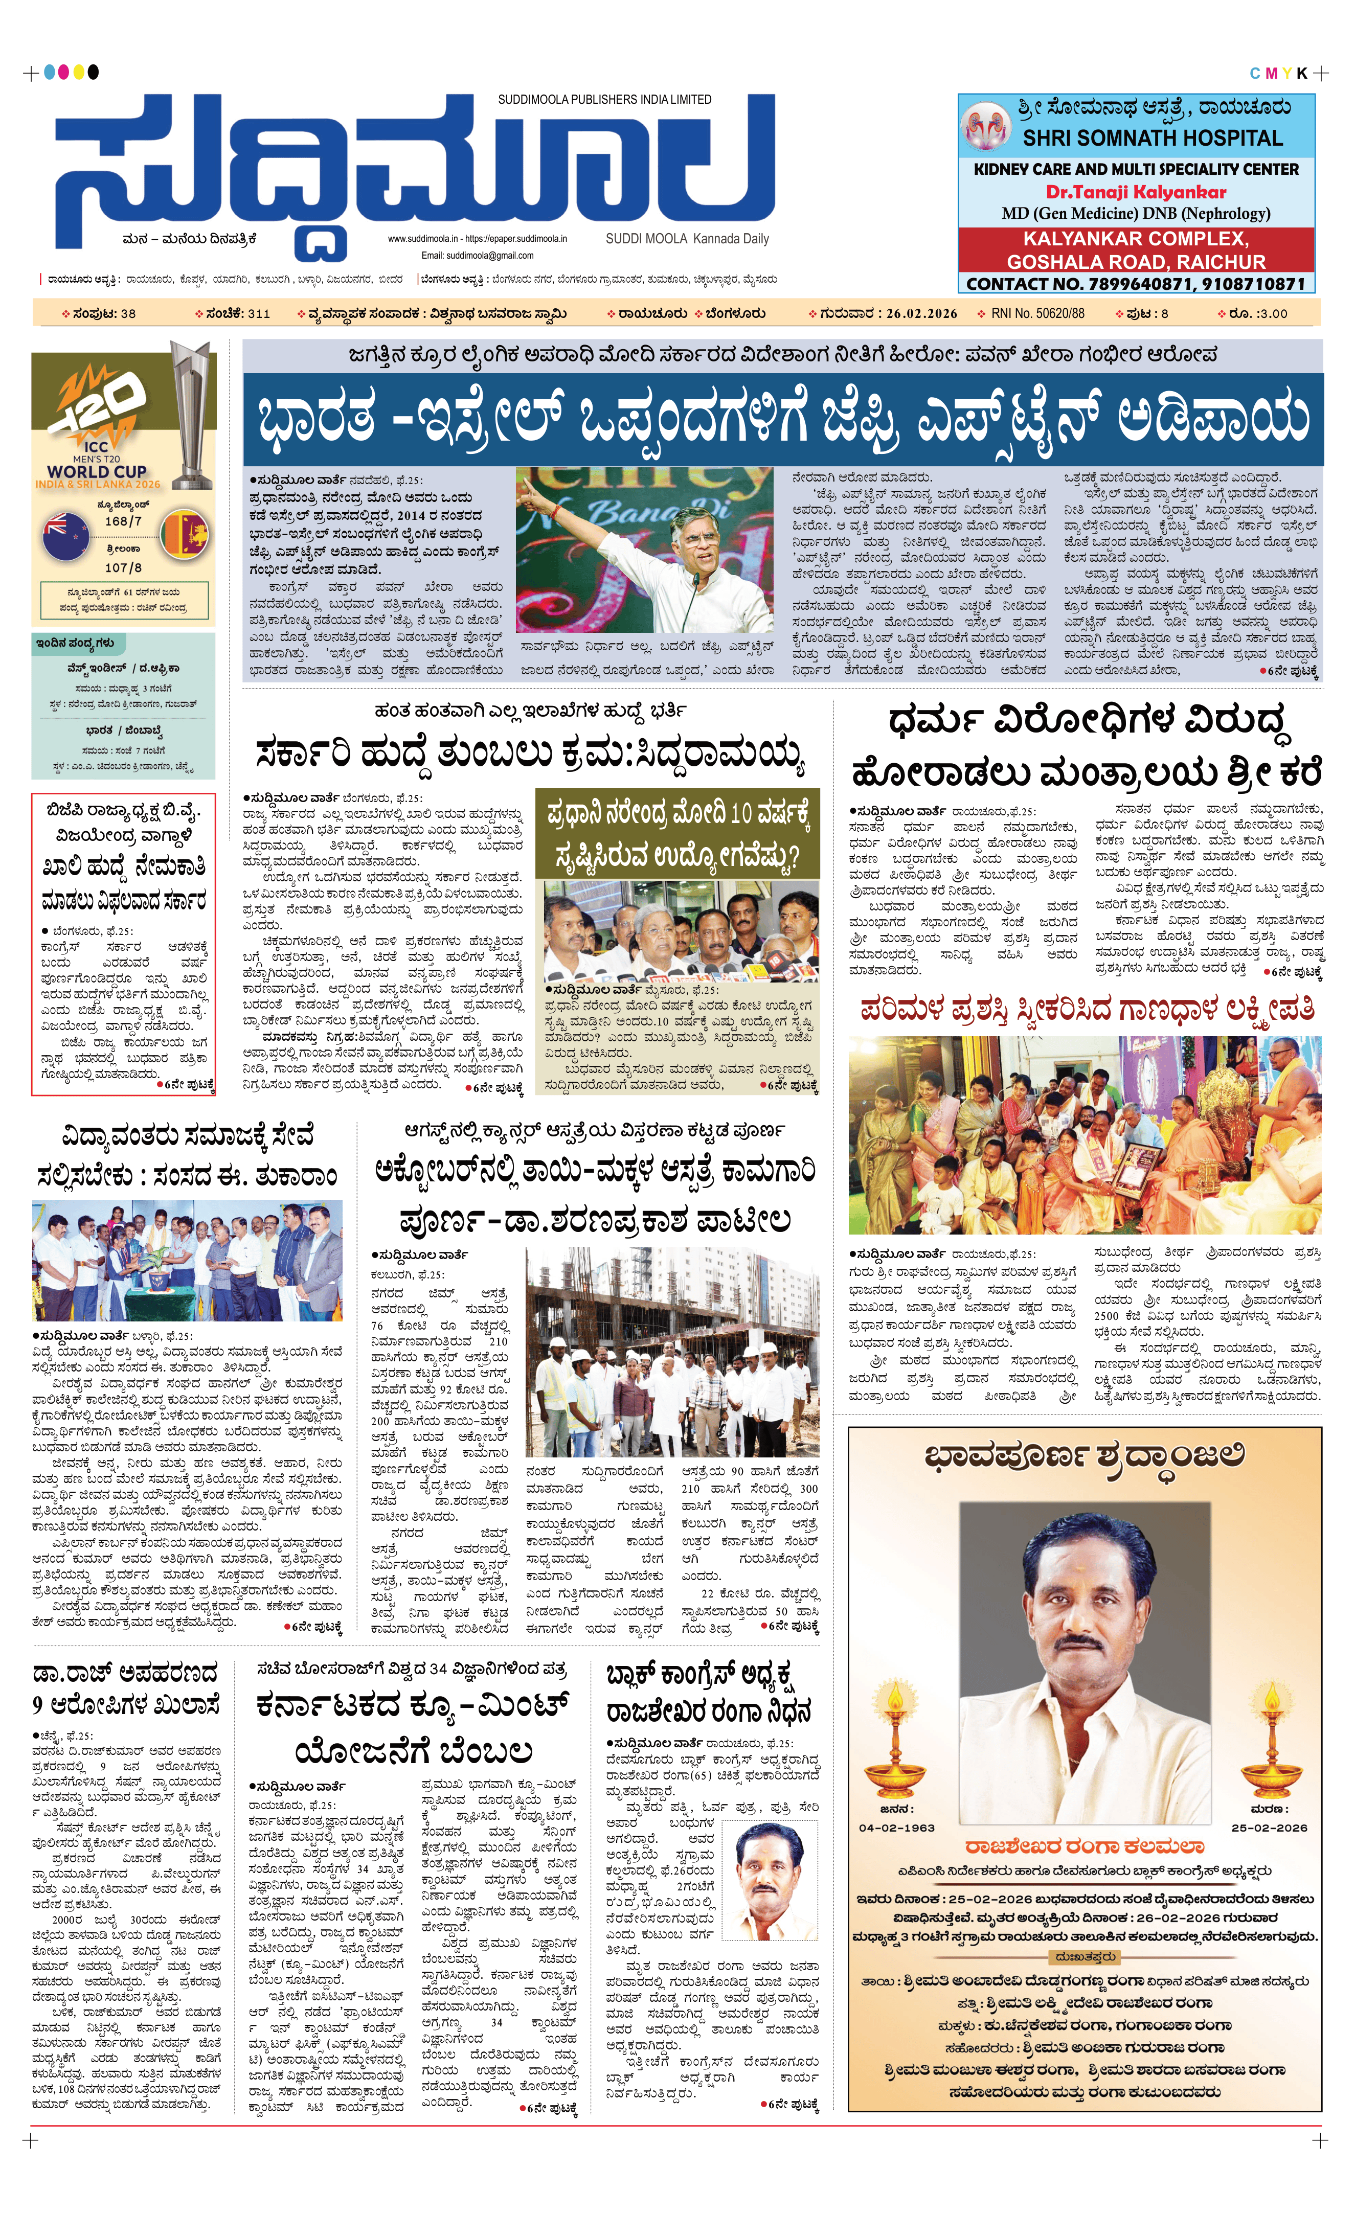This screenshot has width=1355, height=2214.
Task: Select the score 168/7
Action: (123, 521)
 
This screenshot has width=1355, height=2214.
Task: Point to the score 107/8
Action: (123, 568)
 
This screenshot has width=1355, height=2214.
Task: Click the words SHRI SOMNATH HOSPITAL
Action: (1152, 139)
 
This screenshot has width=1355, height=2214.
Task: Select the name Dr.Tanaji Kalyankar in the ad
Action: (1136, 191)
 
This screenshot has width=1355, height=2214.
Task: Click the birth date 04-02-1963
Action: (897, 1828)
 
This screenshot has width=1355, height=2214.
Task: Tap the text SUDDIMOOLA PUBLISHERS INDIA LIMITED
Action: (605, 100)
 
